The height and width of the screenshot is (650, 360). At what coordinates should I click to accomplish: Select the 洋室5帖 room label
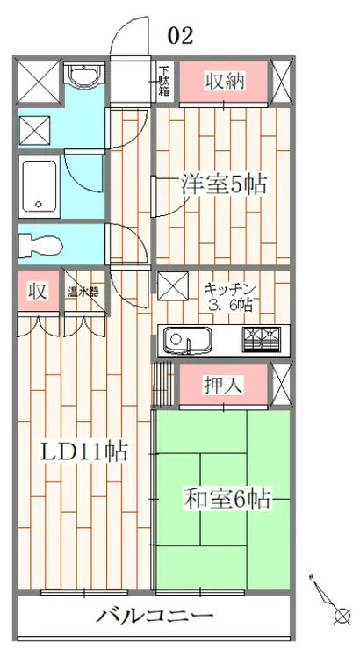[223, 184]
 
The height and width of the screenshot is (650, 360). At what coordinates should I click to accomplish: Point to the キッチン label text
[229, 288]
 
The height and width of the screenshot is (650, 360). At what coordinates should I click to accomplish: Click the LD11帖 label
[86, 453]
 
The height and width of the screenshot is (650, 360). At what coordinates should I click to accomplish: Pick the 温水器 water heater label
[83, 292]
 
